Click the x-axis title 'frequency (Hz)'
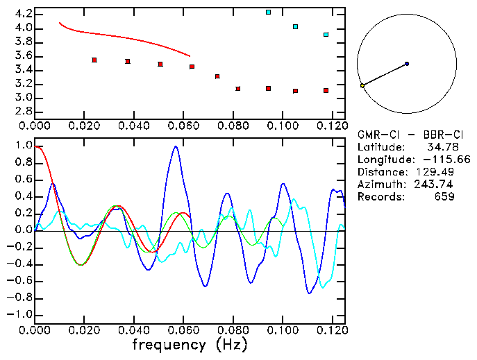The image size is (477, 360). (x=190, y=345)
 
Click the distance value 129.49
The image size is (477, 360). (x=437, y=171)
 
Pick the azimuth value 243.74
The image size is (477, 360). (x=437, y=184)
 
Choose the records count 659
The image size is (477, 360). (x=442, y=196)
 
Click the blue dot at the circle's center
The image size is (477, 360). (x=407, y=64)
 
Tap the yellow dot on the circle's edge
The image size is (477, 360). (x=362, y=85)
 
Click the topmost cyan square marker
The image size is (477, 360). (x=269, y=12)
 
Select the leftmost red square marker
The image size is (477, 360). (x=94, y=60)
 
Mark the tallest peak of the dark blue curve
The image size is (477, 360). (x=176, y=146)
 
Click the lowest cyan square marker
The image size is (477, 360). (x=326, y=34)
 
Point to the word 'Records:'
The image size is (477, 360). (x=380, y=196)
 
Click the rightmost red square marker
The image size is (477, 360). (x=326, y=90)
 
